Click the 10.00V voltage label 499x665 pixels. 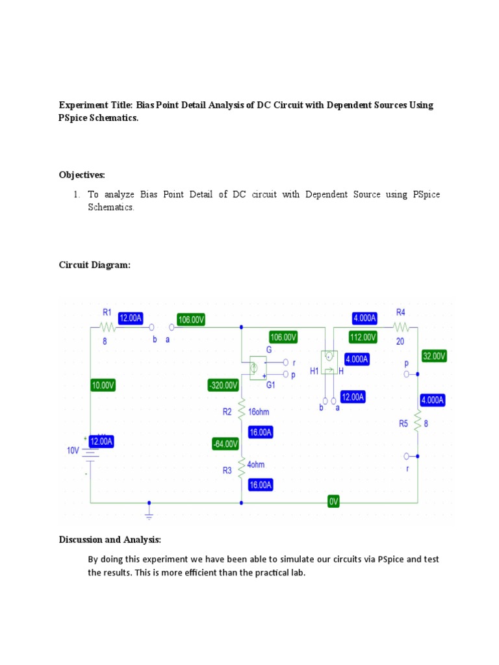103,385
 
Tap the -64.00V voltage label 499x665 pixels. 225,444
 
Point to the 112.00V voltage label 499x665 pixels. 363,337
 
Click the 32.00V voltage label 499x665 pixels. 433,357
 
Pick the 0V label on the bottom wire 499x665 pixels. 333,502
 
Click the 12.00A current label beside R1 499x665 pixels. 130,318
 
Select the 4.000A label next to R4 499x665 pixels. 364,318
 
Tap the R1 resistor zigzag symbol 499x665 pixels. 107,327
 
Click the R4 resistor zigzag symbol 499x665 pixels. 401,327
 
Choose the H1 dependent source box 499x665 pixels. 329,361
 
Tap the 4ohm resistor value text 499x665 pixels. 257,465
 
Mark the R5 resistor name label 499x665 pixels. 404,424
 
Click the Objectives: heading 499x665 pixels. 82,175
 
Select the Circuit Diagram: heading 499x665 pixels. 95,265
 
